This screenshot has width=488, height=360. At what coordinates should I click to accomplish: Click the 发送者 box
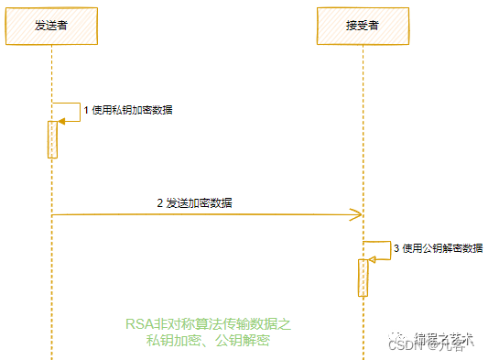[51, 26]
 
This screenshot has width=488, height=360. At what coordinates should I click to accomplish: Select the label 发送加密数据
[199, 202]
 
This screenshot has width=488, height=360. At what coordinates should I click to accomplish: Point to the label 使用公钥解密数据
[442, 247]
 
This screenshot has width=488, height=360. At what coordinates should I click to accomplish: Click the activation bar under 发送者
[52, 139]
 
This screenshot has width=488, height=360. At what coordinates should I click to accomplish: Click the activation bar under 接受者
[363, 278]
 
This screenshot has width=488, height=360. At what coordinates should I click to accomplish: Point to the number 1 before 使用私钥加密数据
[86, 110]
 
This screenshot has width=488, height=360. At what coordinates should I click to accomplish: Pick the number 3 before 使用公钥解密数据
[396, 247]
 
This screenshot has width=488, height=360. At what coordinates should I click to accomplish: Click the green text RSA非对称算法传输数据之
[207, 324]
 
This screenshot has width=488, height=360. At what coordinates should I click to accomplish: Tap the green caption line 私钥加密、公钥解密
[207, 340]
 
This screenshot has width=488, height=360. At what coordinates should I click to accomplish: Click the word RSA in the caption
[137, 324]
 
